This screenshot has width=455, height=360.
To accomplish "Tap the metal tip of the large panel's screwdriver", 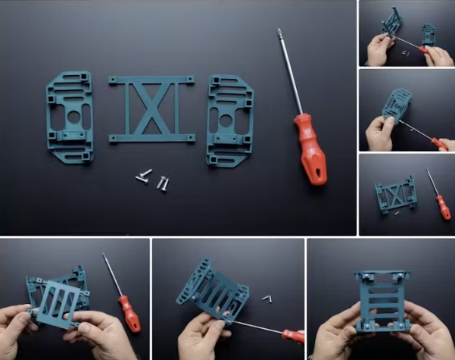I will (279, 32).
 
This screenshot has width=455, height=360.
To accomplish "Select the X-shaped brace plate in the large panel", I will (151, 109).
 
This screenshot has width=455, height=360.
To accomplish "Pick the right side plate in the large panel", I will (229, 120).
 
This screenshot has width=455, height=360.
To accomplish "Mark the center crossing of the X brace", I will (151, 109).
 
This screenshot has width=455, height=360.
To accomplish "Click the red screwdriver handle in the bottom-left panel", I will (130, 313).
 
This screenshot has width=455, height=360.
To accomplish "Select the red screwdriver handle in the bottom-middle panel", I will (291, 334).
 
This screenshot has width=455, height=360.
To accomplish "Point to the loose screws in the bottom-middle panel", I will (266, 299).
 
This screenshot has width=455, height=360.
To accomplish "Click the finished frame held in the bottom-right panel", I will (381, 299).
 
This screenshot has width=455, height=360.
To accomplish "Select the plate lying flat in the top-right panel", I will (429, 34).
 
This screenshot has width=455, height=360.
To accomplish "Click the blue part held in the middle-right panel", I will (398, 105).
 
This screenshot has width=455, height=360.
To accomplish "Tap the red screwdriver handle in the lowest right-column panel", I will (443, 206).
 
